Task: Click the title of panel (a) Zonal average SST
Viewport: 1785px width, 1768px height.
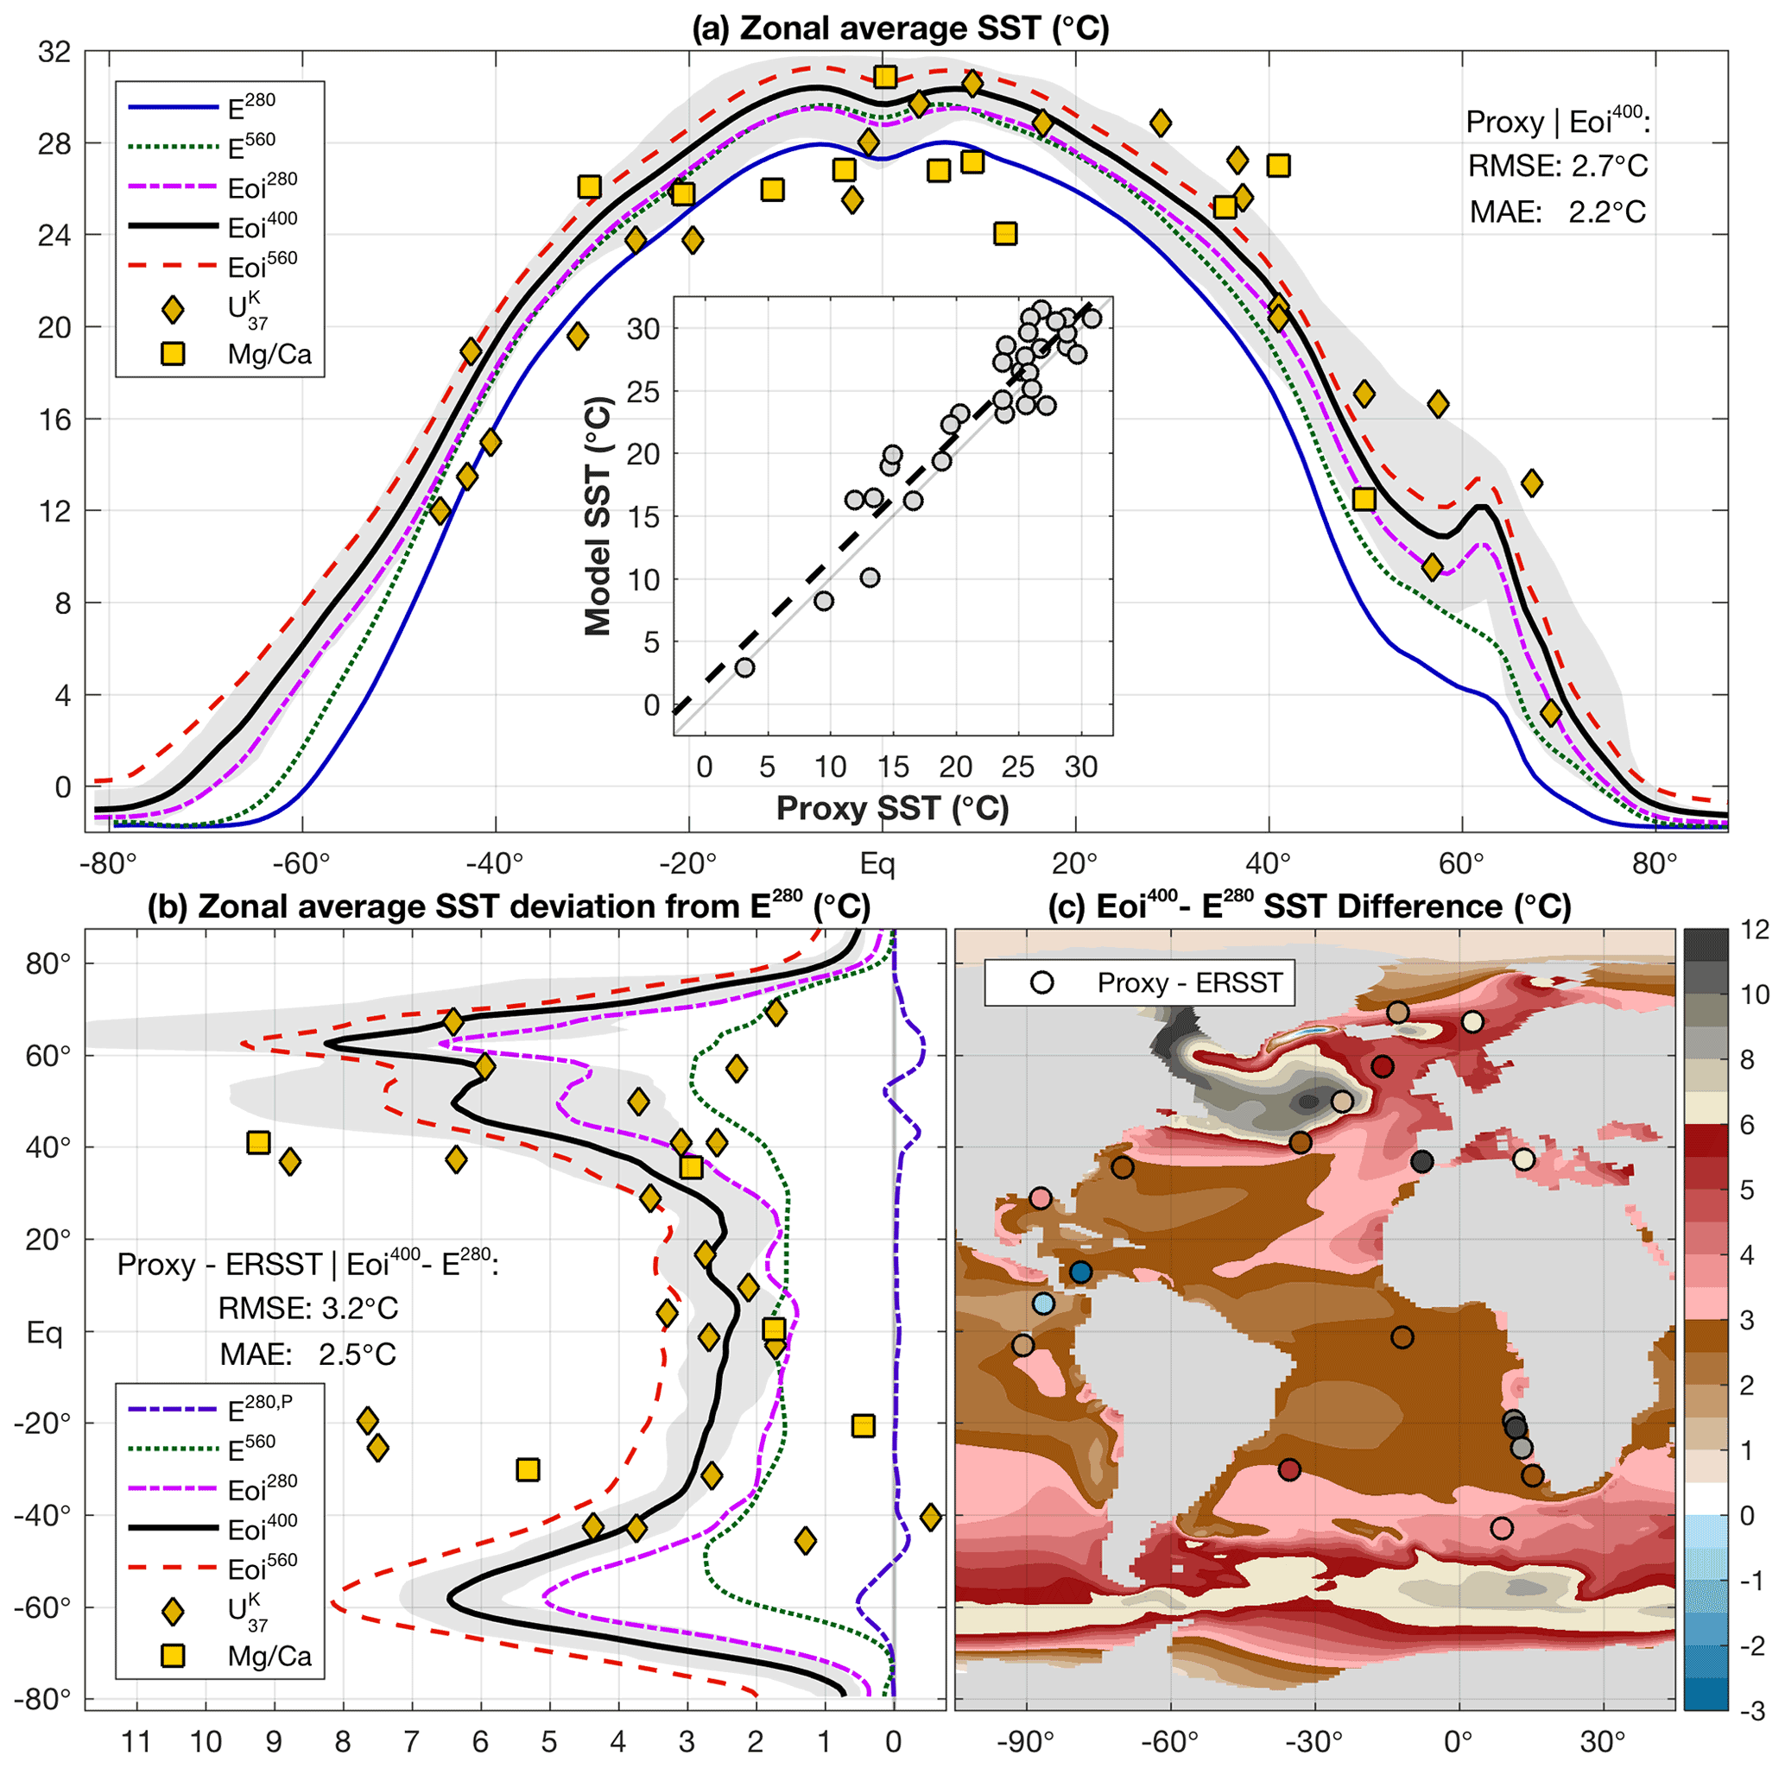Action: coord(900,28)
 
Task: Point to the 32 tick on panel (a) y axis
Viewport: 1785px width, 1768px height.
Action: coord(54,53)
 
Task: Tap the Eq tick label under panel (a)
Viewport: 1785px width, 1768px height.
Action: coord(877,863)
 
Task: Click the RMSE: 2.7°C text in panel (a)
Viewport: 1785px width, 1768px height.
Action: coord(1558,167)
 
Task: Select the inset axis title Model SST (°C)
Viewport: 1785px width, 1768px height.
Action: coord(598,515)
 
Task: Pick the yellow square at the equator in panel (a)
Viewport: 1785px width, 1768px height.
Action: coord(885,77)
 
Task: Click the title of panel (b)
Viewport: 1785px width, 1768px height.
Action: coord(508,906)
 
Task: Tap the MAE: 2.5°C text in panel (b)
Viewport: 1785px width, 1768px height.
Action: coord(307,1354)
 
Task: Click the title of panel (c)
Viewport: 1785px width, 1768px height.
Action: coord(1309,906)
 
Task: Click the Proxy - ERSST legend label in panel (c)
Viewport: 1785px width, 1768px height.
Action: coord(1189,982)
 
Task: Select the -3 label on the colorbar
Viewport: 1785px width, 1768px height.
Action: coord(1755,1710)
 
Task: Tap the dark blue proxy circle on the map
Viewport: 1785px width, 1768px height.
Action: coord(1081,1272)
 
